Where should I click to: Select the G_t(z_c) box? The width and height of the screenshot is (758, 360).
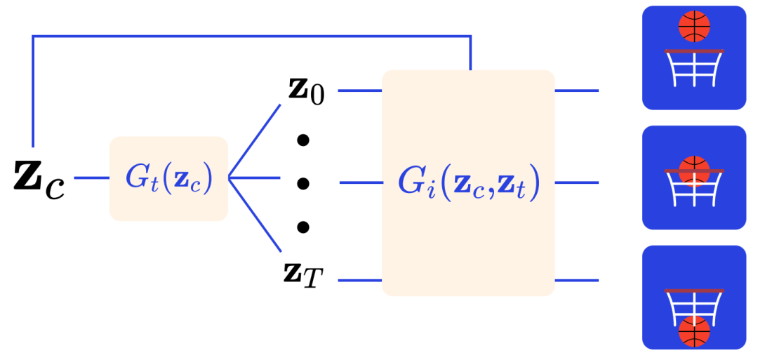click(x=168, y=179)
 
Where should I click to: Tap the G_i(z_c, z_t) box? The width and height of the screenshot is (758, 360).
click(x=468, y=182)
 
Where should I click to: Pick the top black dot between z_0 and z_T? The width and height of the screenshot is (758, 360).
click(x=303, y=140)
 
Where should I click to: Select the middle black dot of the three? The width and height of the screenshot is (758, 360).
click(x=303, y=184)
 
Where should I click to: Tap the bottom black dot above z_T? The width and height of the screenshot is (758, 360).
click(x=303, y=227)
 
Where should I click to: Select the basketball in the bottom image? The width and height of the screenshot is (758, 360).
click(x=694, y=331)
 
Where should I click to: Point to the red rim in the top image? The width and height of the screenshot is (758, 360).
click(x=694, y=51)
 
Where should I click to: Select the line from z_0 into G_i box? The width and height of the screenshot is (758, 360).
click(x=360, y=91)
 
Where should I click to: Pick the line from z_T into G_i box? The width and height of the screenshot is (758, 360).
click(x=360, y=281)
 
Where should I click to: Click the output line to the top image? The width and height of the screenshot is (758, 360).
click(x=576, y=91)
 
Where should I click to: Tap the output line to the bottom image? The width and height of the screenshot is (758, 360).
click(x=576, y=281)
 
